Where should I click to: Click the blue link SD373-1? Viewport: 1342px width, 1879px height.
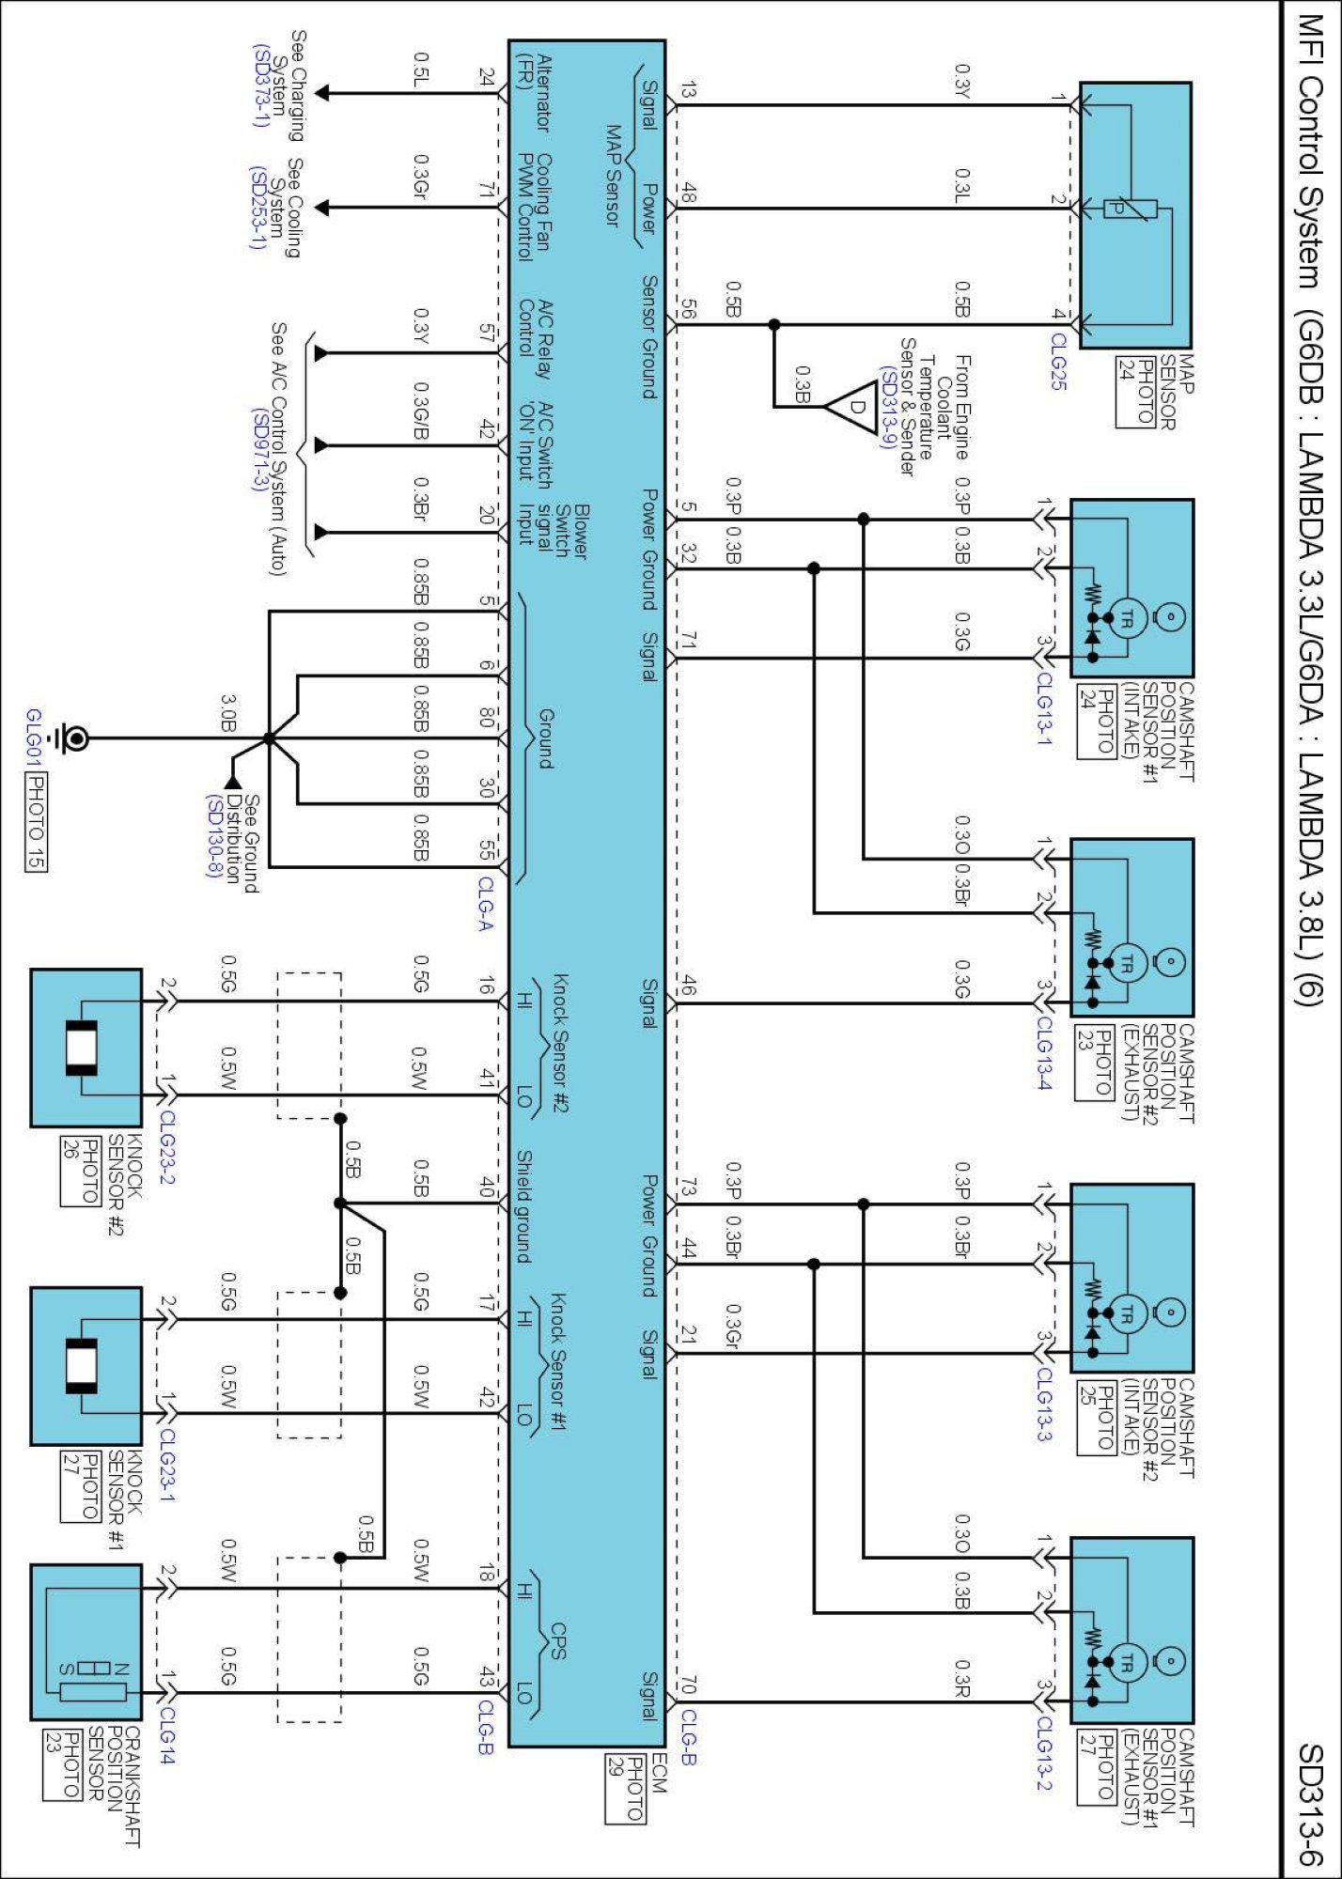[x=260, y=85]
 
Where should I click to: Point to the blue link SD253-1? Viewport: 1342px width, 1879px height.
[x=257, y=208]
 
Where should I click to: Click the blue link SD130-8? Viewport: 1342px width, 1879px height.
[x=215, y=835]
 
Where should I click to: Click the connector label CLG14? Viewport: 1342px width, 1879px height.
[x=166, y=1734]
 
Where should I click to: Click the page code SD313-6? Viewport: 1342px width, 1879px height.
[x=1310, y=1804]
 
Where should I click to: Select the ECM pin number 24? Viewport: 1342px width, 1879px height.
[x=486, y=77]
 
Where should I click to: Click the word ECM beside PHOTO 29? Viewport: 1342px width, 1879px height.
[x=658, y=1772]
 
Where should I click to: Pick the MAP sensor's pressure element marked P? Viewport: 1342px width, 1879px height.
[x=1116, y=208]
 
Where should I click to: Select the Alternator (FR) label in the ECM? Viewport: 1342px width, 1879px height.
[x=534, y=90]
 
